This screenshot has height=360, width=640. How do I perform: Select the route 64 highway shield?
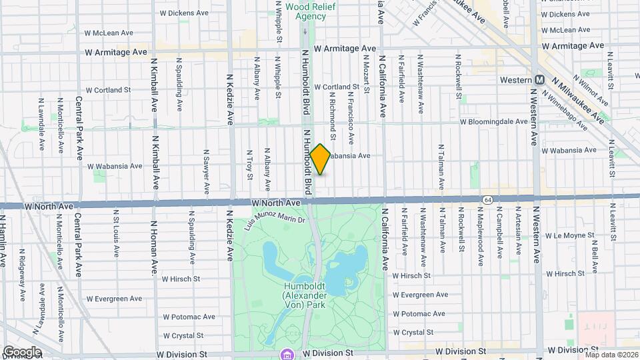[488, 199]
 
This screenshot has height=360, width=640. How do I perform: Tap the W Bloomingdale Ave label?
[493, 122]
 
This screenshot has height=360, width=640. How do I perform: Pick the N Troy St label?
[250, 164]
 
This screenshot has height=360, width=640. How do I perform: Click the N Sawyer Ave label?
[205, 174]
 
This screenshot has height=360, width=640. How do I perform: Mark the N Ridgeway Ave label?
[22, 275]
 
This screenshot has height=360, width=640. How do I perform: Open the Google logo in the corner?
[21, 351]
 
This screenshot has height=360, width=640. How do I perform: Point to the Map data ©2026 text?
[611, 355]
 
